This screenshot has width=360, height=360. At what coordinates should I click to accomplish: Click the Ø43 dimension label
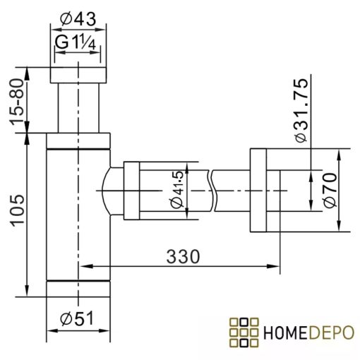pos(79,16)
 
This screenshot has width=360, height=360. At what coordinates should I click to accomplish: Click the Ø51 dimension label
pos(78,320)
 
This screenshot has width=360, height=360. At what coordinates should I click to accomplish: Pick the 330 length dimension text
pos(180,255)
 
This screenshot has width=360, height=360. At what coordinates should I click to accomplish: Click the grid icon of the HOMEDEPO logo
pos(244,332)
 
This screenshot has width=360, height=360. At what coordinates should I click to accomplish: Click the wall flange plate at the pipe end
pos(257,191)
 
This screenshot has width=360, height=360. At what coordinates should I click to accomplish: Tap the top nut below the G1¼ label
pos(78,75)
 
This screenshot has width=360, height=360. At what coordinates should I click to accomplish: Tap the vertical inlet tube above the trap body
pos(78,106)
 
